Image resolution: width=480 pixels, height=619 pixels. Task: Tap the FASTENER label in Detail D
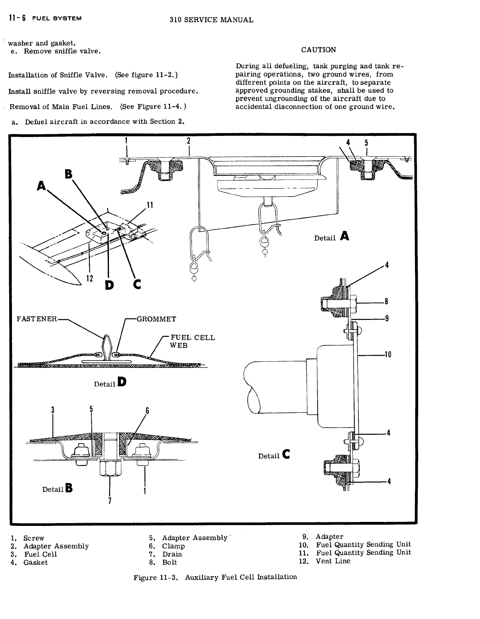(37, 319)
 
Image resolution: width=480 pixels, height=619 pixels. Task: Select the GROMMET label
(156, 319)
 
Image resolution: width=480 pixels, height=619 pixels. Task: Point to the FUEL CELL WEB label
(192, 341)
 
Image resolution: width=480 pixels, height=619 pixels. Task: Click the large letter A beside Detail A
(345, 237)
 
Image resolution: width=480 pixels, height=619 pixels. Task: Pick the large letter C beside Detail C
(286, 454)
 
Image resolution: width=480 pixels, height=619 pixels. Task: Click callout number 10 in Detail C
(387, 354)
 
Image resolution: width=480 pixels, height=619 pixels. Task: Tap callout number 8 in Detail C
(387, 302)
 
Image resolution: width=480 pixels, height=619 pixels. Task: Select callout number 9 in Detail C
(387, 318)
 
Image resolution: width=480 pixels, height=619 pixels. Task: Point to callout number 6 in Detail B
(147, 410)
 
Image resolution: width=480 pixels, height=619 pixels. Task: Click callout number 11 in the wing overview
(150, 205)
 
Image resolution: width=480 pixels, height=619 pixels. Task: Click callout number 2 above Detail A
(189, 141)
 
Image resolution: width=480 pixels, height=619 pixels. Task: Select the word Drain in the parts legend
(172, 554)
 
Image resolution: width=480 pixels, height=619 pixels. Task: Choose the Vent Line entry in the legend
(333, 561)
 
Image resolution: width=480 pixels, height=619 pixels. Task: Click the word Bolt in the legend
(170, 562)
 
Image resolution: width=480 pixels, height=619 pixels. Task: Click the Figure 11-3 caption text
(215, 577)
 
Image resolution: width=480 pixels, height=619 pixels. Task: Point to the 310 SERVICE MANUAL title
(211, 20)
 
